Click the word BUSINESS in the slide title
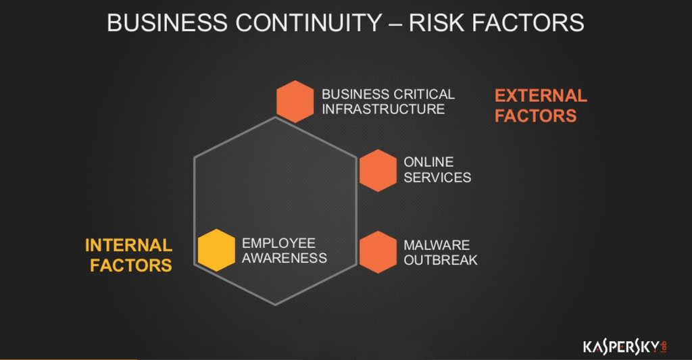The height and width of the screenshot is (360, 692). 168,22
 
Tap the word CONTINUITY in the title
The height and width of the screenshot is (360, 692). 308,22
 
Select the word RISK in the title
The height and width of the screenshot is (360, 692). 437,22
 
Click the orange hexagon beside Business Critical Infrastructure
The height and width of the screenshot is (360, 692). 295,101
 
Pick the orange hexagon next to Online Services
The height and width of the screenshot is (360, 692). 378,170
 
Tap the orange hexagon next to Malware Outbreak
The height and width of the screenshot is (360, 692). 378,252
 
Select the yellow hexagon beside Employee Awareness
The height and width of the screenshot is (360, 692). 216,250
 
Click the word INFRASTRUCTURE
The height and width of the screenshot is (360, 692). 383,109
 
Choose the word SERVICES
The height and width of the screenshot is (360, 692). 437,178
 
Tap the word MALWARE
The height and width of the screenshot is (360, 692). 437,245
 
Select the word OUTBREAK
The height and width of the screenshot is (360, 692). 441,260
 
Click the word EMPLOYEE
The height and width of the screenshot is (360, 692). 278,243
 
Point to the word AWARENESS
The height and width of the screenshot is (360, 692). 285,258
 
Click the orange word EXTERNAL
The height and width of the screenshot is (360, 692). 541,96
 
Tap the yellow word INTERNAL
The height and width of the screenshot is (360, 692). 128,245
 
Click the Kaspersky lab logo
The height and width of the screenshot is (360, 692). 624,346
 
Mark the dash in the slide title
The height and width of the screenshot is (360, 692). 395,24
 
